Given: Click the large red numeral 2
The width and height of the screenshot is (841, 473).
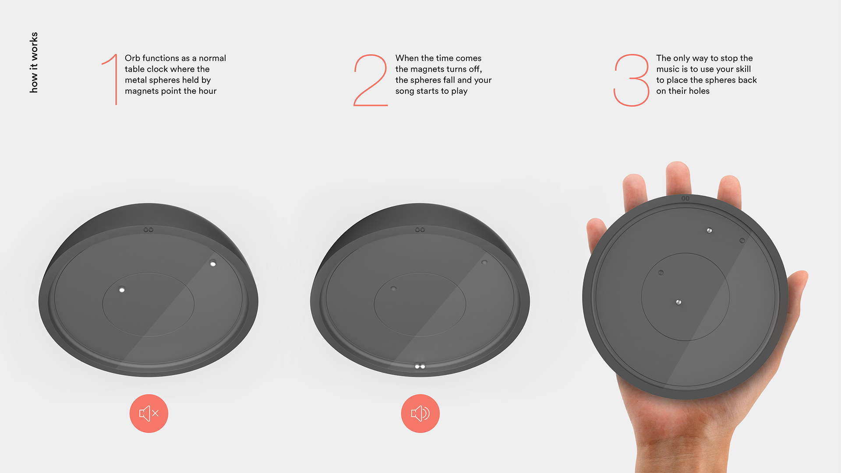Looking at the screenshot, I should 371,80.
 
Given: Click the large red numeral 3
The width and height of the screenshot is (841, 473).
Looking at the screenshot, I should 631,80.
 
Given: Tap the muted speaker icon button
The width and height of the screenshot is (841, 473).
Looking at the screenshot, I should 149,413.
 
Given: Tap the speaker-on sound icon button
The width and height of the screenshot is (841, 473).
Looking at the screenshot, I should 420,413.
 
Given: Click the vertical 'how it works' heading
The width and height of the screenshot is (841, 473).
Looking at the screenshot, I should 34,62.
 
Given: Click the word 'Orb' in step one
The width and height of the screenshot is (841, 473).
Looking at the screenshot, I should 132,58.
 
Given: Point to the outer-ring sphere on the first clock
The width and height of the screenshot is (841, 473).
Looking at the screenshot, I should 213,264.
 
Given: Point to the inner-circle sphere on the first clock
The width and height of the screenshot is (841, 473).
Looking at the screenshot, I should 122,289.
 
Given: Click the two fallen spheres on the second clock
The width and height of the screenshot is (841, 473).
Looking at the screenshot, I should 420,366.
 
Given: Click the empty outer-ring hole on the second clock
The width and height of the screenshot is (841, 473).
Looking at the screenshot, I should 484,262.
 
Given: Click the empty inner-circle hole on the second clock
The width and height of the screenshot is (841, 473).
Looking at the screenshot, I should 393,289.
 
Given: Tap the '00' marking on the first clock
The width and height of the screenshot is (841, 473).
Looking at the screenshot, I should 148,229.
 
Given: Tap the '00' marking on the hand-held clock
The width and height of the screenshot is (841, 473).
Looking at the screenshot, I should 686,198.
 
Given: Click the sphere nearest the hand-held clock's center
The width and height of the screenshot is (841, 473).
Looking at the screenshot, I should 678,302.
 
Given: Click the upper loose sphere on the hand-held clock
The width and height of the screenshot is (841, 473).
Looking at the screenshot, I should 709,230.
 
